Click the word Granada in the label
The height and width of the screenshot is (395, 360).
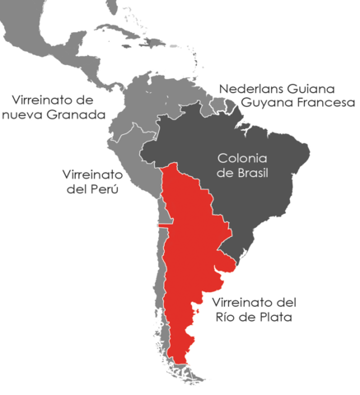pyautogui.click(x=78, y=115)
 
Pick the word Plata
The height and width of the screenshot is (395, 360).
pyautogui.click(x=274, y=316)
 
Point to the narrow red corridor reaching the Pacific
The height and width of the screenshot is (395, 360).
pyautogui.click(x=164, y=224)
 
